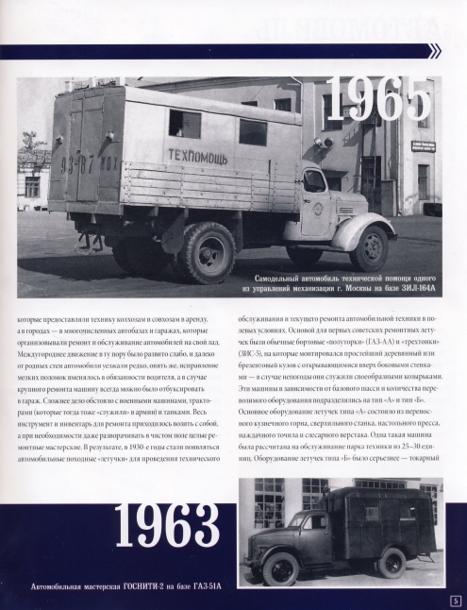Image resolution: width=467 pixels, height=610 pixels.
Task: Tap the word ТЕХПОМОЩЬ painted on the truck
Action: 198,154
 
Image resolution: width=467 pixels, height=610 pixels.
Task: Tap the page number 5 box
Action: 455,600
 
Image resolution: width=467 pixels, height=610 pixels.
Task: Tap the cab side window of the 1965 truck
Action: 315,181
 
